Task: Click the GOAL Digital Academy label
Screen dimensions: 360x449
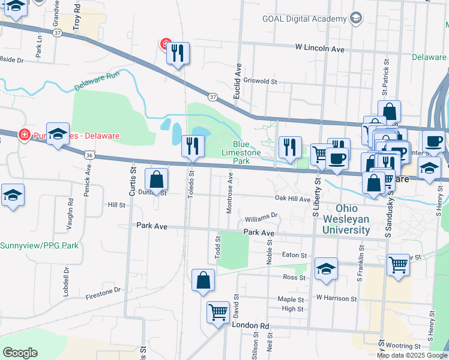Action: [x=304, y=19]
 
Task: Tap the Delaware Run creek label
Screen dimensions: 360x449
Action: [x=98, y=81]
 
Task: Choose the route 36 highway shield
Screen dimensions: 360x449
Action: [x=89, y=155]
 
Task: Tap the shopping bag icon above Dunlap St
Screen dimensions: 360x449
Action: [x=156, y=179]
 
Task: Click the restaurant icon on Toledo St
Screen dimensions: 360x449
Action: [x=192, y=146]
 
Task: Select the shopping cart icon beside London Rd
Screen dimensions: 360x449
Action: [x=217, y=311]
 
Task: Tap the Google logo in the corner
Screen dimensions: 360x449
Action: [x=19, y=353]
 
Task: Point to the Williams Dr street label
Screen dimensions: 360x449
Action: [x=262, y=215]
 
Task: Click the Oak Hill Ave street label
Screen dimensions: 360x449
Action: [x=292, y=199]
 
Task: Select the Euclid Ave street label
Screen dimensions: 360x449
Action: [x=238, y=80]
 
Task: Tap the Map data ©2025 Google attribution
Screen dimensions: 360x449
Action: [x=411, y=355]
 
